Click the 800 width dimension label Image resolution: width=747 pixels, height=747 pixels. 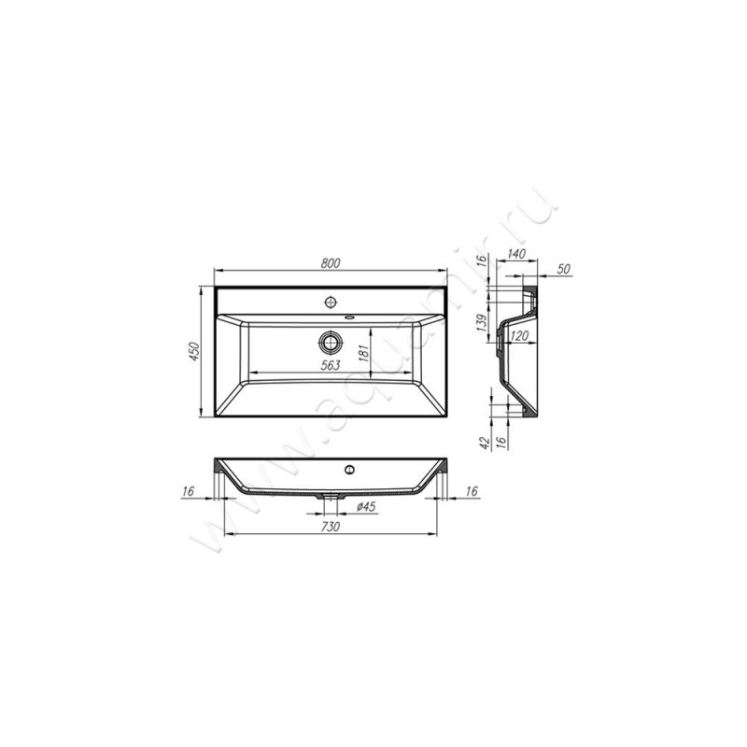(x=329, y=264)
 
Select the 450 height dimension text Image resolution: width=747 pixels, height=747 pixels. (x=195, y=352)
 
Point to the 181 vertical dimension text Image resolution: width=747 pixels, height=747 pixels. (x=364, y=353)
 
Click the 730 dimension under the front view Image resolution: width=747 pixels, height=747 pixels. (x=329, y=528)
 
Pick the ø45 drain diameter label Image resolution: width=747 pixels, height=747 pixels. (x=366, y=507)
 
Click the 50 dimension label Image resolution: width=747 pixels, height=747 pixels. (x=565, y=269)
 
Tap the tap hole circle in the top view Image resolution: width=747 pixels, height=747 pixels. (x=329, y=303)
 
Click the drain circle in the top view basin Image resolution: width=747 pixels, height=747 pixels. (x=329, y=340)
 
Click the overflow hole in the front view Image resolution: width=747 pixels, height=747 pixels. (x=349, y=469)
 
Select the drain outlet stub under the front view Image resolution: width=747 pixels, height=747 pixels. (x=329, y=502)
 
